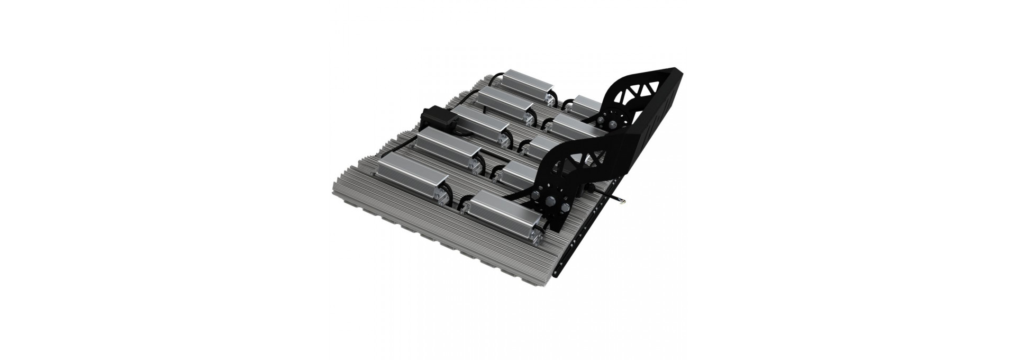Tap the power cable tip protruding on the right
click(623, 201)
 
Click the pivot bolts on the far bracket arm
click(609, 123)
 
